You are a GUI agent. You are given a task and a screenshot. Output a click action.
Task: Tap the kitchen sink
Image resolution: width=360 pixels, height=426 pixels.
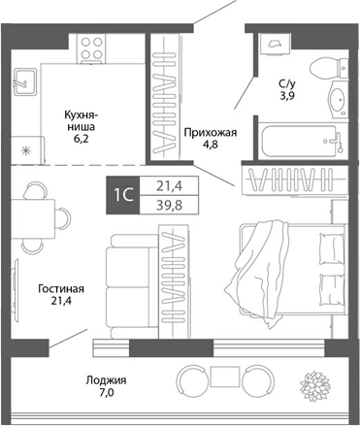coord(26,83)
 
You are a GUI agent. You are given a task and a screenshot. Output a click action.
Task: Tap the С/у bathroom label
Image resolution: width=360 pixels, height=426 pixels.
coord(288,83)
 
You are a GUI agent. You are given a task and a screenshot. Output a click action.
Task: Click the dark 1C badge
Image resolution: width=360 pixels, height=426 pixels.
coord(123,195)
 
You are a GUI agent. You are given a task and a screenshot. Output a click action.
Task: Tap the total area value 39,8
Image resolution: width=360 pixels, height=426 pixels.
coord(167,205)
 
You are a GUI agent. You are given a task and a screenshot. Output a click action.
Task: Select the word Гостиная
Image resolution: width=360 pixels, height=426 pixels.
coord(61,288)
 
